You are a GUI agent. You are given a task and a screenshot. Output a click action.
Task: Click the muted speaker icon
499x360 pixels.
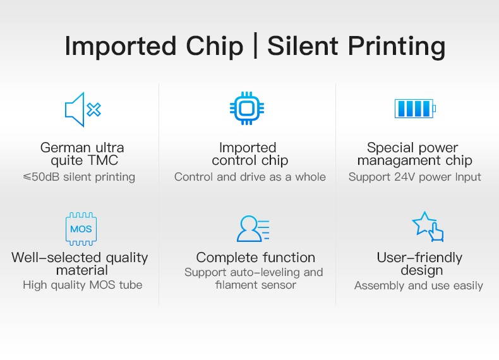click(83, 109)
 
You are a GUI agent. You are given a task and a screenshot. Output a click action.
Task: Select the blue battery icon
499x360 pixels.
click(414, 109)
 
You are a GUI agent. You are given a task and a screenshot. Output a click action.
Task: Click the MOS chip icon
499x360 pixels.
click(81, 229)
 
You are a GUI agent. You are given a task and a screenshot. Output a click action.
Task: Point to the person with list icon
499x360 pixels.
click(253, 229)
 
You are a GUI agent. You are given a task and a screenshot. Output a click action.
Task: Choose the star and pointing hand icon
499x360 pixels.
click(428, 227)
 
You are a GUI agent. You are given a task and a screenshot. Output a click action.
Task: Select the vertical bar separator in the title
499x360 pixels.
click(255, 47)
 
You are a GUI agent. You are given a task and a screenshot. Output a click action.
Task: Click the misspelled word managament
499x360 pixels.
click(397, 160)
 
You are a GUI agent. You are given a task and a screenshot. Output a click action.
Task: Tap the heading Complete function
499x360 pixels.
click(255, 258)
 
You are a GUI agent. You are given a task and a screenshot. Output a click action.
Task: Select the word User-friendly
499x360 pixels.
click(419, 258)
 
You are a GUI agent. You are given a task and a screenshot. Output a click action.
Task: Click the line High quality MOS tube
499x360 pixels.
click(82, 285)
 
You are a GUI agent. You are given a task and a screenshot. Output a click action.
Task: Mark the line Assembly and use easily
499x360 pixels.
click(418, 285)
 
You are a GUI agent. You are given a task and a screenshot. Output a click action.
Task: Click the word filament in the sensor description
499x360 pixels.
click(234, 285)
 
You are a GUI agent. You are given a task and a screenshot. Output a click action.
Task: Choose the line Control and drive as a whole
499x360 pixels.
click(250, 177)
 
